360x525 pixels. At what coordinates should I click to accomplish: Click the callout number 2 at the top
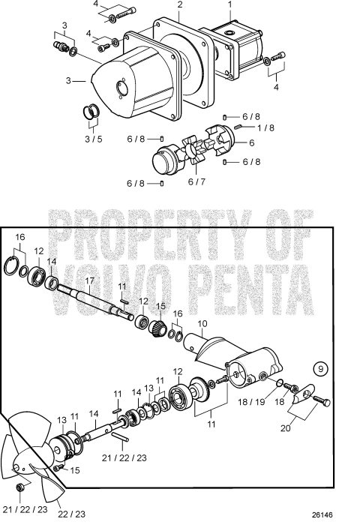pyautogui.click(x=179, y=5)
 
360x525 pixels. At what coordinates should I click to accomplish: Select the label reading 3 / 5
pyautogui.click(x=93, y=139)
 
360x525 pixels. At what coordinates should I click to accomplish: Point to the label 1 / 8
pyautogui.click(x=265, y=127)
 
